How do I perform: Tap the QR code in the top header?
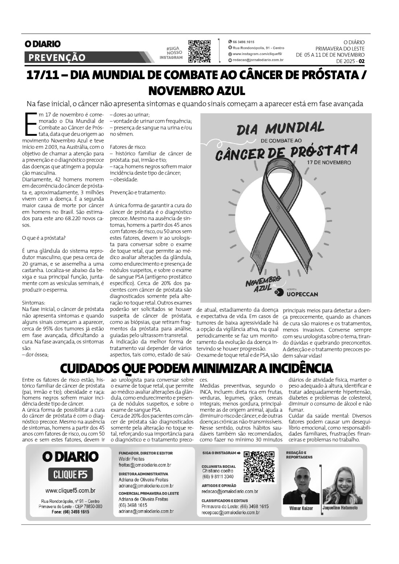coord(199,51)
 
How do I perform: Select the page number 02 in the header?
coord(361,61)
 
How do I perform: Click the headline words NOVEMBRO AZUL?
coord(197,90)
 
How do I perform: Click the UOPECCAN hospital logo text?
coord(302,294)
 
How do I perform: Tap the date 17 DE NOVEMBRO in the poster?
coord(329,162)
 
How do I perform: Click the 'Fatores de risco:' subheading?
coord(128,147)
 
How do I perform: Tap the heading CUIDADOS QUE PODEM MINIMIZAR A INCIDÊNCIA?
coord(196,368)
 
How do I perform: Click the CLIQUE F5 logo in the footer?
coord(70,474)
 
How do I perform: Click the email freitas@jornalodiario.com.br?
coord(145,465)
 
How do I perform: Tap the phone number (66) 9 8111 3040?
coord(218,476)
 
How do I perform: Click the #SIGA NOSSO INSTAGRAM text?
coord(172,53)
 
